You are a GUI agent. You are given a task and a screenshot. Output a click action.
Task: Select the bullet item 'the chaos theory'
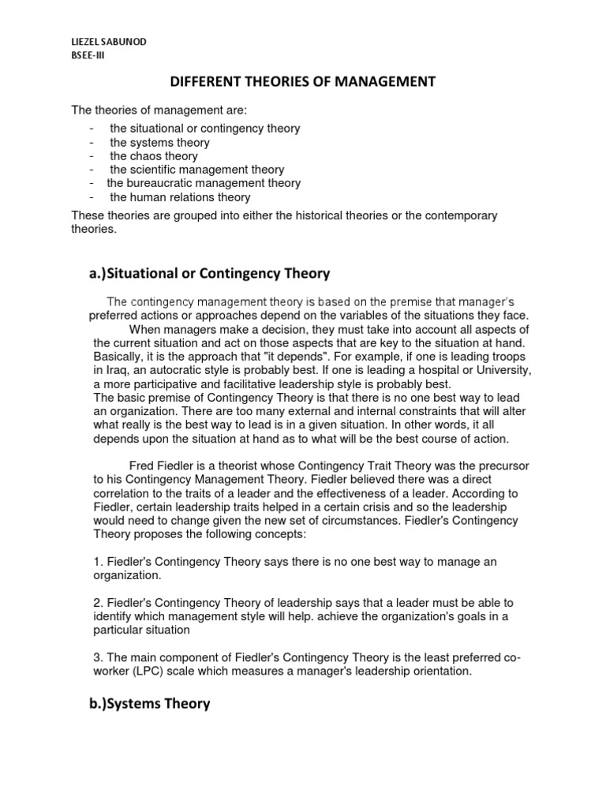click(x=154, y=156)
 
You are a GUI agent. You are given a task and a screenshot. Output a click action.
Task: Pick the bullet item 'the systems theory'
click(x=159, y=143)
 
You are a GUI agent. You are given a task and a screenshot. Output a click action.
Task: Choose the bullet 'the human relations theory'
click(x=180, y=197)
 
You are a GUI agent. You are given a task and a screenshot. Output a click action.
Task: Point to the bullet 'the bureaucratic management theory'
click(x=204, y=183)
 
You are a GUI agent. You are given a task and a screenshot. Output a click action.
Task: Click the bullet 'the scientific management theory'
click(x=196, y=170)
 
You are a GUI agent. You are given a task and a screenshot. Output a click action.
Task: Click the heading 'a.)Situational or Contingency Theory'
click(x=208, y=274)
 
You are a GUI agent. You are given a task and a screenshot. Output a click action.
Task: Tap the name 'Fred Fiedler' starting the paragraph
click(x=162, y=465)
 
